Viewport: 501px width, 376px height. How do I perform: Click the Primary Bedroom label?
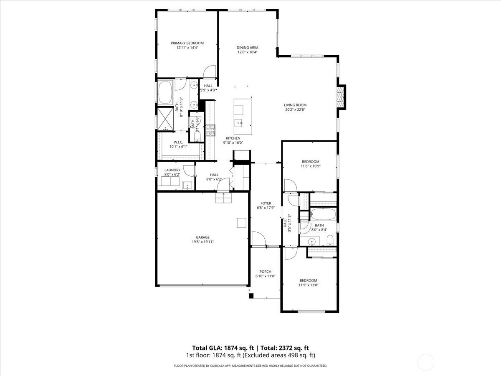(x=187, y=43)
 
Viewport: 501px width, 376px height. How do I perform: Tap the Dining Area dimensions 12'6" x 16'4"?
(x=248, y=52)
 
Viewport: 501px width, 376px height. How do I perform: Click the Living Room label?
(x=295, y=105)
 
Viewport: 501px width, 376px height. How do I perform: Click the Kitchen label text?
(x=233, y=138)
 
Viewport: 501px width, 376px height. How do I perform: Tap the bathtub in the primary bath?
(x=165, y=93)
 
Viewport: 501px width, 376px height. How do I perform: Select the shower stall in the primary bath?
(x=165, y=118)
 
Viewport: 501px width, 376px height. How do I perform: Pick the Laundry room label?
(x=172, y=170)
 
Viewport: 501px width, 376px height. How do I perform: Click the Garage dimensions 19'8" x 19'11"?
(x=203, y=242)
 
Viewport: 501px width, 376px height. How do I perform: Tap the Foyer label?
(x=266, y=203)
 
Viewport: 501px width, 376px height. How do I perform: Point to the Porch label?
(x=266, y=272)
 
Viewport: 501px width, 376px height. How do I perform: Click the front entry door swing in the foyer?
(x=258, y=239)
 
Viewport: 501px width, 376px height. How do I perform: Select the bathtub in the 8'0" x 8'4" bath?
(x=323, y=215)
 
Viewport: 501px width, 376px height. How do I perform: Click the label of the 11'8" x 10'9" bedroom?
(x=311, y=162)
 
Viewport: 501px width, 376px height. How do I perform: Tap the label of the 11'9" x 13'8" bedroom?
(x=308, y=280)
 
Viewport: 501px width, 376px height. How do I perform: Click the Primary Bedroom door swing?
(x=209, y=72)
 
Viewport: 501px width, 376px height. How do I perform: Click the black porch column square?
(x=251, y=296)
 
